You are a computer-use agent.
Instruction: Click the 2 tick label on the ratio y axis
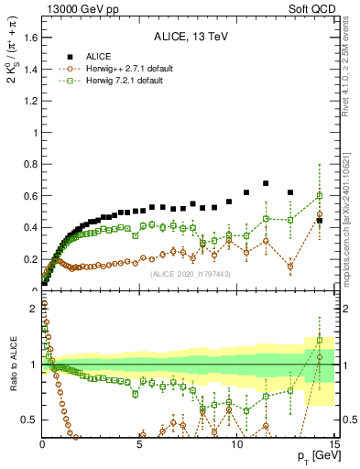tap(31, 309)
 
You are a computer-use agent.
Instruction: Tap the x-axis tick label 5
tap(140, 444)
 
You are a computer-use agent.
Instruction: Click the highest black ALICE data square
tap(266, 183)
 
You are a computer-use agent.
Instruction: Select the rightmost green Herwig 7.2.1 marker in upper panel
tap(320, 195)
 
